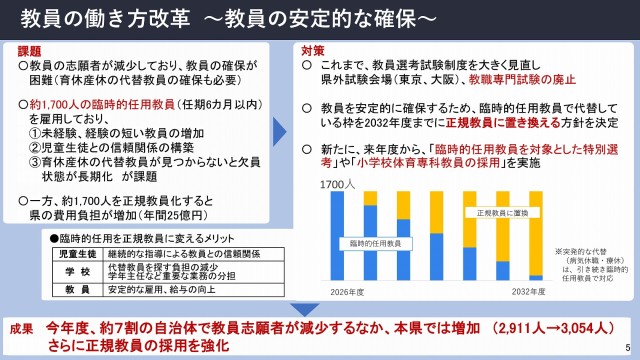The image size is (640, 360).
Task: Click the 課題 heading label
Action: tap(30, 49)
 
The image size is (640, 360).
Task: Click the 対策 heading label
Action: tap(312, 49)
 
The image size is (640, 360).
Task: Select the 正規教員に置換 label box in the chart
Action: tap(492, 213)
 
